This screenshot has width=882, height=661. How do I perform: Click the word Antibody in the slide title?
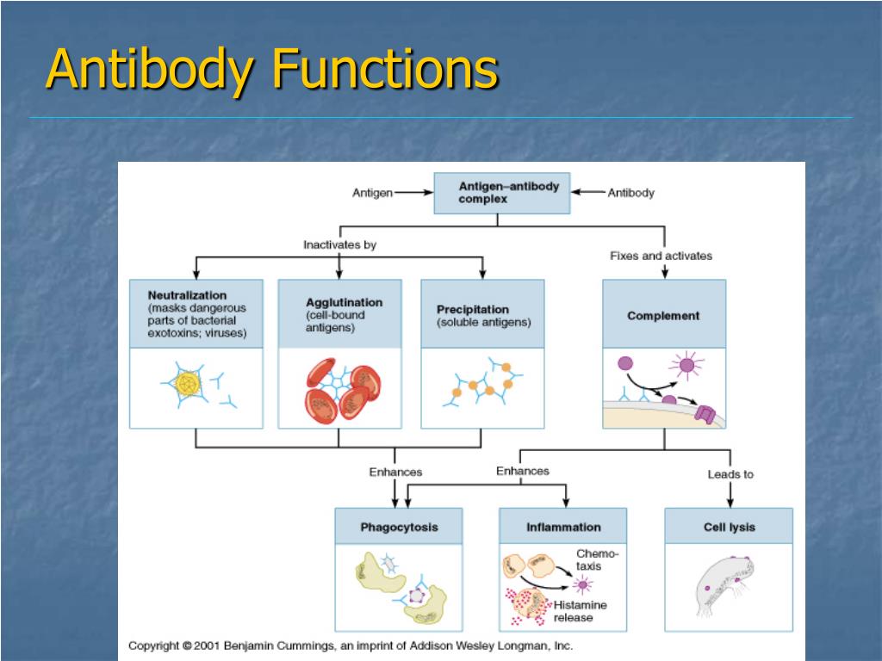click(x=151, y=71)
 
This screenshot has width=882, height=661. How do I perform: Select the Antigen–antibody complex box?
click(x=501, y=193)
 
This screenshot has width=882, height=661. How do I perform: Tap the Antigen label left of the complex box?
click(x=372, y=193)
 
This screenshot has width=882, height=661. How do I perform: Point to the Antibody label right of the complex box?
click(x=630, y=193)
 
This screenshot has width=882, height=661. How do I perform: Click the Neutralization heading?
click(x=187, y=295)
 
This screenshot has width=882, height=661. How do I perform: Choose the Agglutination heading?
click(x=344, y=303)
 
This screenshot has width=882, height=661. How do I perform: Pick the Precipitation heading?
click(x=472, y=309)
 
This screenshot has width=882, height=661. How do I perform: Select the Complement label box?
click(x=663, y=316)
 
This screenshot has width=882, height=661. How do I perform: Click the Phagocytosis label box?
click(x=398, y=527)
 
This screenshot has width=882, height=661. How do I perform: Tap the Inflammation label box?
click(x=563, y=527)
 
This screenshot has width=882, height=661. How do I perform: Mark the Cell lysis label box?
click(x=729, y=527)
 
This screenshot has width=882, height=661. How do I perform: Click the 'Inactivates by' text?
click(x=339, y=245)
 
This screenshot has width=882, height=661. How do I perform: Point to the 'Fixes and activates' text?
click(x=661, y=256)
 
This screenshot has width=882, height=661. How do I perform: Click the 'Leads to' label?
click(x=730, y=474)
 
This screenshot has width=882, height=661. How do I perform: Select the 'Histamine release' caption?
click(x=586, y=611)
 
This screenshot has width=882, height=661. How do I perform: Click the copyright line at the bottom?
click(x=351, y=646)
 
